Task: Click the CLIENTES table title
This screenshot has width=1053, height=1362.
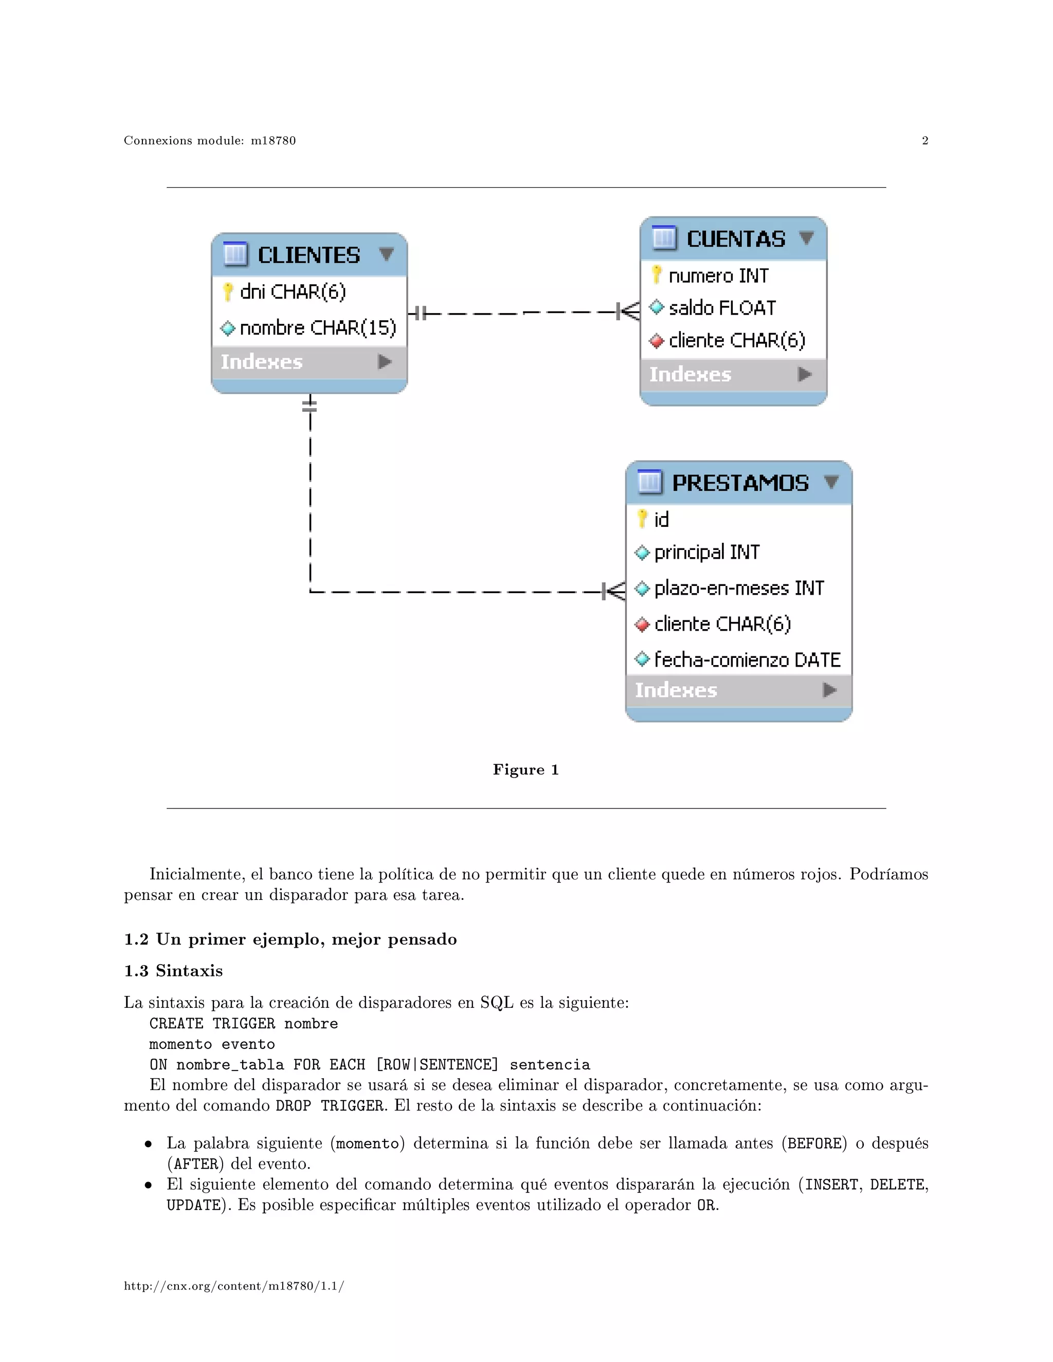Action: click(x=309, y=255)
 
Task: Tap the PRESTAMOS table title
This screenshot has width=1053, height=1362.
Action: click(x=740, y=483)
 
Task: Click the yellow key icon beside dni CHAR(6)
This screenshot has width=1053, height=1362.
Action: click(x=228, y=291)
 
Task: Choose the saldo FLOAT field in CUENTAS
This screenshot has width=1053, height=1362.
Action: click(x=722, y=307)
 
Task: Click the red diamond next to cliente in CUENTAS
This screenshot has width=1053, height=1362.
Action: click(x=656, y=340)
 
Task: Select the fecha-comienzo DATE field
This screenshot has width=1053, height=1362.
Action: click(x=747, y=659)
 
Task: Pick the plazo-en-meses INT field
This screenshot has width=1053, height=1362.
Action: click(x=739, y=587)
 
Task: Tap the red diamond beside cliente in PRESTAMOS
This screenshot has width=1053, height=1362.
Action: click(x=642, y=624)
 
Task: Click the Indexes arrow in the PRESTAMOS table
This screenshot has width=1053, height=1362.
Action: click(x=829, y=690)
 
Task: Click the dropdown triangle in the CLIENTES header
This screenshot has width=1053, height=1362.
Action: click(x=386, y=254)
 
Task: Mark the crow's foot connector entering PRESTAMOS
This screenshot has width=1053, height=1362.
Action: click(x=614, y=591)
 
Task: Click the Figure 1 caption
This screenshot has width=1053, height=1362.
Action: click(x=525, y=769)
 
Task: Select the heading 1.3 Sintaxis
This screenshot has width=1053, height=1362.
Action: click(x=173, y=970)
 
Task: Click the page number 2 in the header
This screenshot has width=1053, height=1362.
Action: click(x=924, y=140)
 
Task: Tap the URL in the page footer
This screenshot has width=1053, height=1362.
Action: click(x=234, y=1286)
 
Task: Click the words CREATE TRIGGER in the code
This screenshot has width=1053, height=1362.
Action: click(x=212, y=1023)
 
